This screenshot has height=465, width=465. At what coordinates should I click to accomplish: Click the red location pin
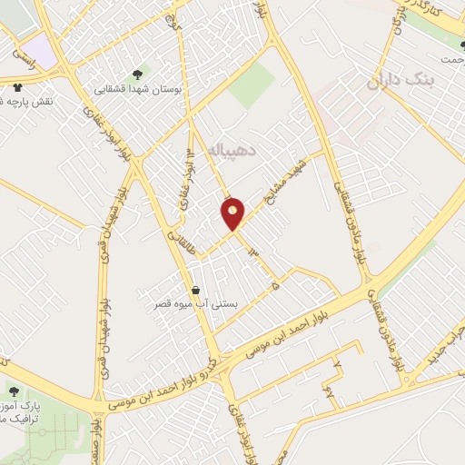tap(233, 213)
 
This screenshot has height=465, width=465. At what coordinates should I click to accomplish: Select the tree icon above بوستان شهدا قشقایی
tap(137, 74)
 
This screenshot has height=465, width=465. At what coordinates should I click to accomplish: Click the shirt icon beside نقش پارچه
tap(17, 87)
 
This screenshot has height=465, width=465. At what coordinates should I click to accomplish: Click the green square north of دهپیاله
tap(251, 87)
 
